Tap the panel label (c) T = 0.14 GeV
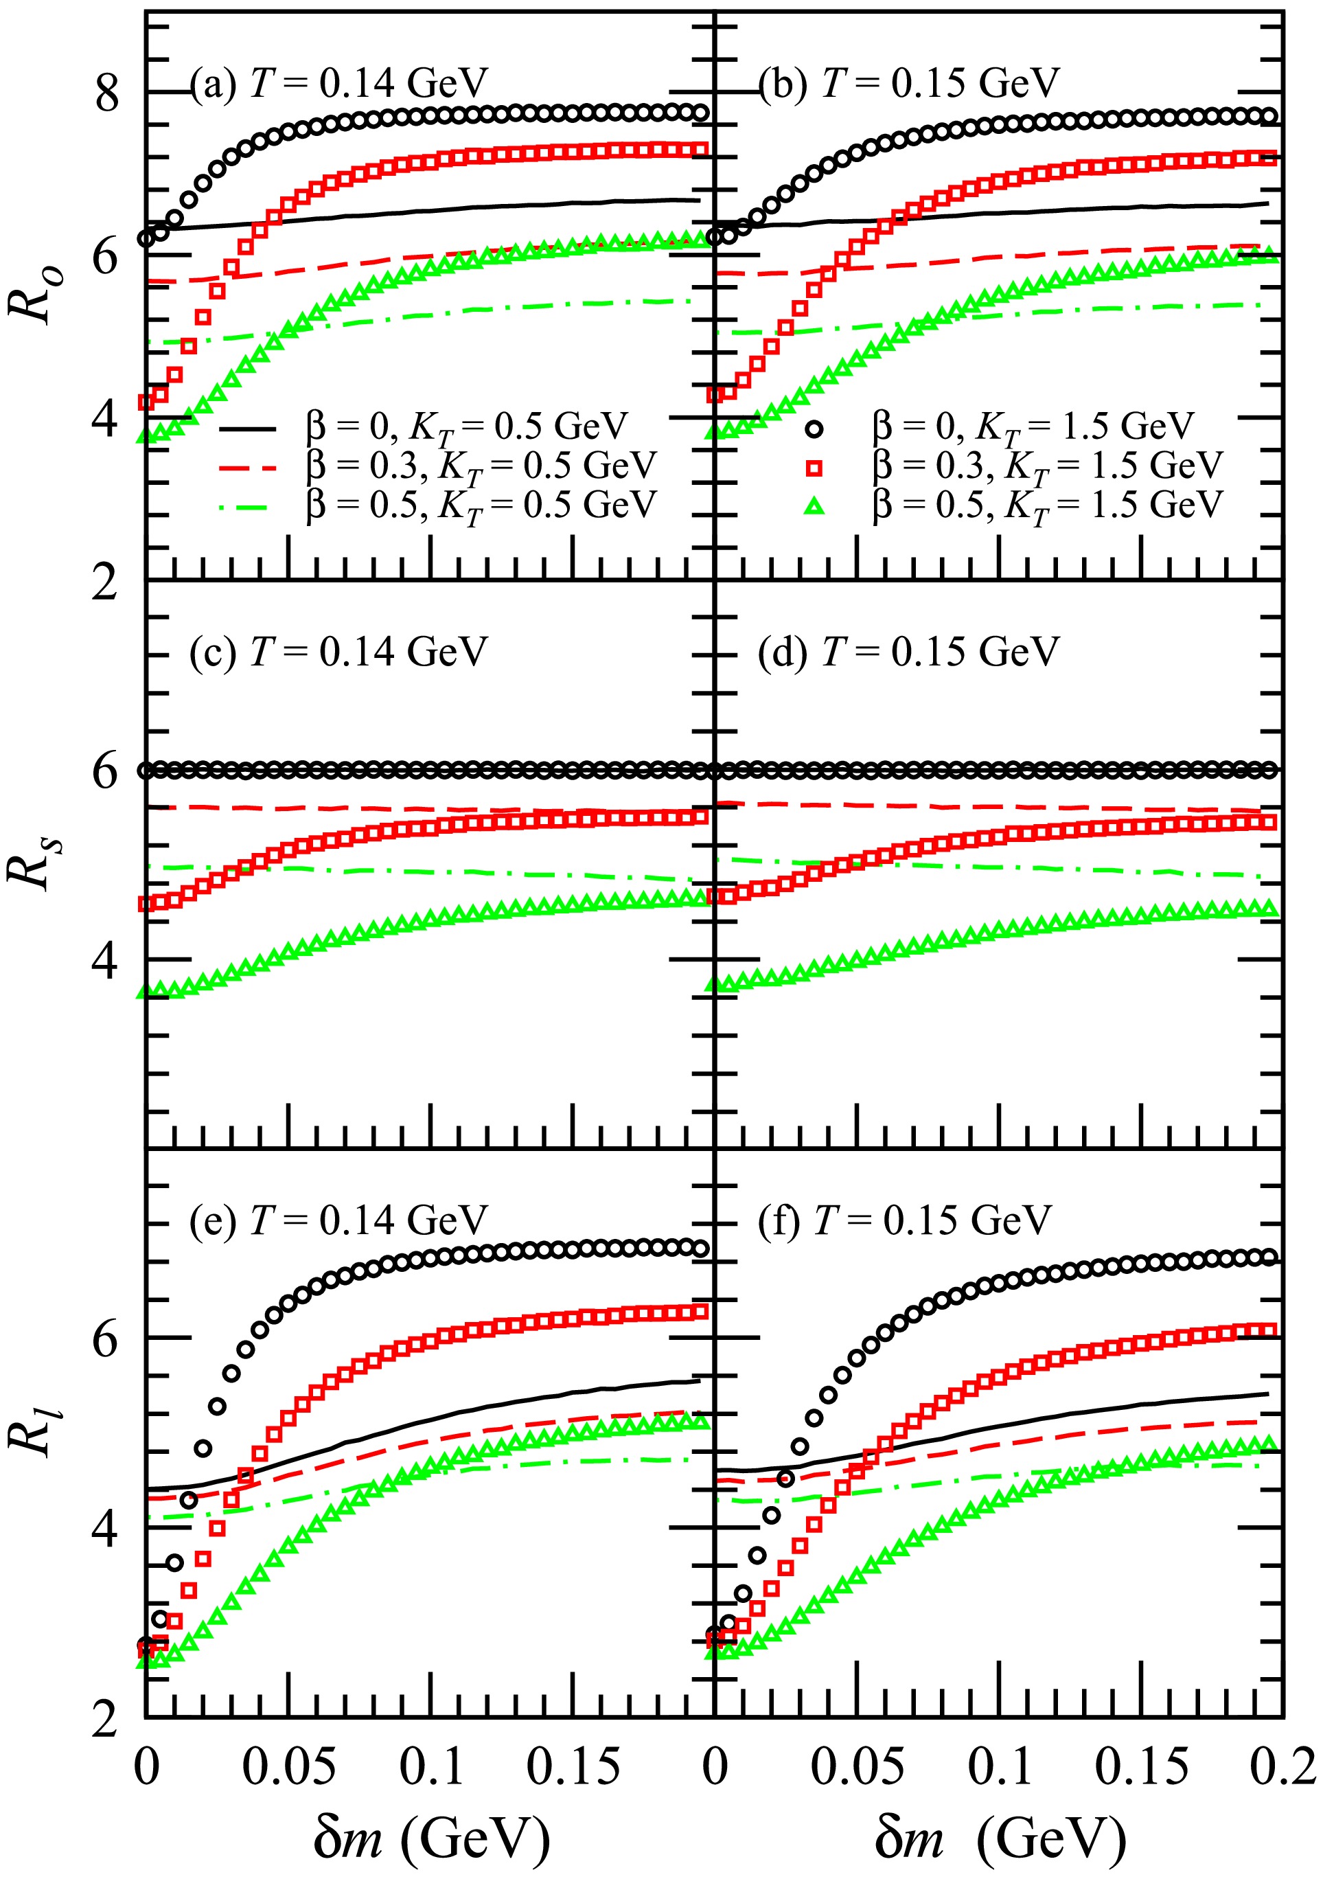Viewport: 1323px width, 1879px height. coord(338,652)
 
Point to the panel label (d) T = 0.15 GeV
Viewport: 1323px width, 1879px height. coord(908,652)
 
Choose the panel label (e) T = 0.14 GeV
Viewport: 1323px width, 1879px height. coord(338,1220)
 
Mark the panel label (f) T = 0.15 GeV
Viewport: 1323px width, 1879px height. coord(904,1220)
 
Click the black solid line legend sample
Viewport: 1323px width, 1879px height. coord(248,428)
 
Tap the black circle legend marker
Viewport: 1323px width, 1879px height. coord(815,428)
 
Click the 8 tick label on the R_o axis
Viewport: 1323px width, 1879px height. coord(106,93)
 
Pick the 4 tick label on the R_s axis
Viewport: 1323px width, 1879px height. coord(106,960)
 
